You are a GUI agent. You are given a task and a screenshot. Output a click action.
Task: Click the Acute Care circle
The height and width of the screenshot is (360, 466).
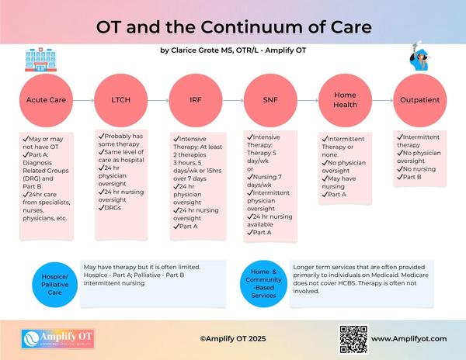click(45, 101)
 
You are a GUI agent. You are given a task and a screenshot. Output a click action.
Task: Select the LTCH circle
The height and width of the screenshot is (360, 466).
click(120, 101)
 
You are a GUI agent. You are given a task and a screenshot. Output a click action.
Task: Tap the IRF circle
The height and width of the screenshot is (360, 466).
click(195, 101)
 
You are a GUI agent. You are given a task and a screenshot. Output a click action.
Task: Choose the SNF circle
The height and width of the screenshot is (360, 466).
click(270, 101)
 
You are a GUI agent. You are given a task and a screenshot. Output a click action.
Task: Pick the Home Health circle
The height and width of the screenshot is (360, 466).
click(345, 101)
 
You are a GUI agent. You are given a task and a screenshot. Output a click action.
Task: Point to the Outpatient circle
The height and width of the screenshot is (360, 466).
click(420, 101)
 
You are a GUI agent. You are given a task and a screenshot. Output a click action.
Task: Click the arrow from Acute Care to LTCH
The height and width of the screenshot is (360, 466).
click(82, 101)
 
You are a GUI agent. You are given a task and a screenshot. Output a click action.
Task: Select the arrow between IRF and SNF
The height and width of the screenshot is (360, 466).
click(232, 101)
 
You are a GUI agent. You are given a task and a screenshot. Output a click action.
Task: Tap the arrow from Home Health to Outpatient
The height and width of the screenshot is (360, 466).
click(382, 101)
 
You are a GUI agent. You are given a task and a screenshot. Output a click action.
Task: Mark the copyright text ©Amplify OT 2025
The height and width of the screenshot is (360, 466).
click(233, 339)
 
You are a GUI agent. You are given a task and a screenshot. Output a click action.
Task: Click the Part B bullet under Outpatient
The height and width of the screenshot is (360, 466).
click(410, 177)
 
